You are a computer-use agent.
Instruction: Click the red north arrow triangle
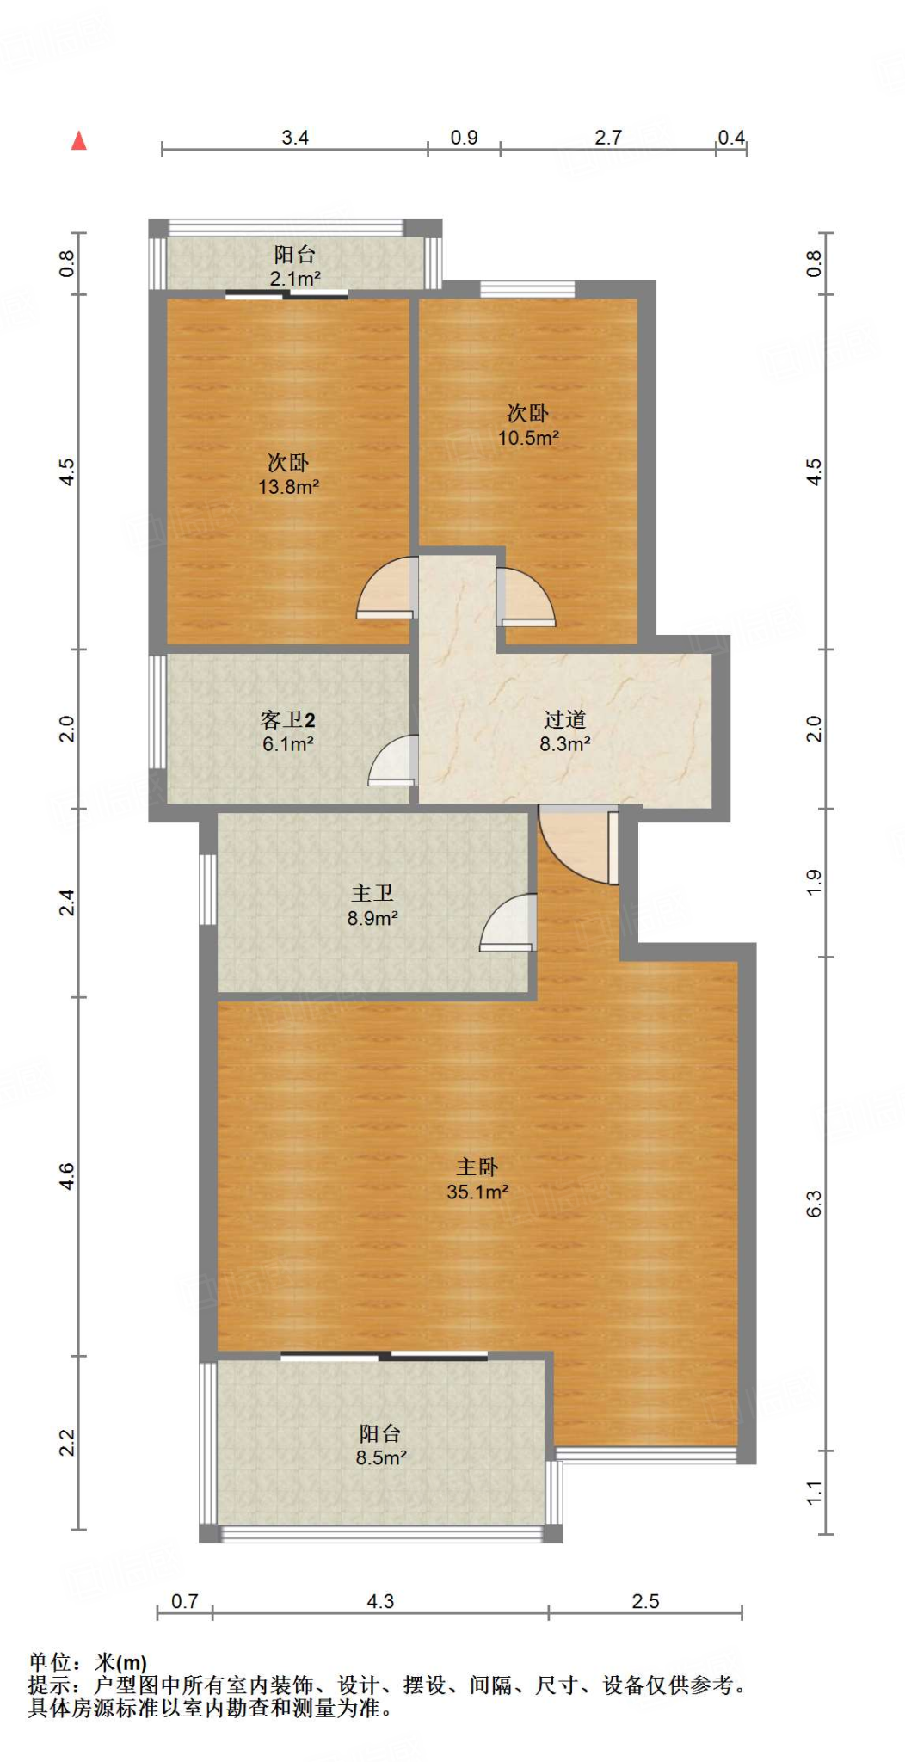coord(78,140)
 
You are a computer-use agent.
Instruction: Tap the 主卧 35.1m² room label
coord(477,1180)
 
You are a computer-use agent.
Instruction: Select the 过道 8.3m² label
coord(564,731)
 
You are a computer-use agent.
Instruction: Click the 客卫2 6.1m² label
coord(287,731)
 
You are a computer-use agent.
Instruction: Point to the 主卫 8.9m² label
coord(372,906)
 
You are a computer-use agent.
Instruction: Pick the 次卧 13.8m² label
coord(288,474)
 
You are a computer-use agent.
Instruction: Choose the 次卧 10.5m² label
coord(527,425)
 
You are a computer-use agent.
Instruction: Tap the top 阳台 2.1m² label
coord(295,266)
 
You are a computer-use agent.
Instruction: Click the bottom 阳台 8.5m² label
coord(380,1445)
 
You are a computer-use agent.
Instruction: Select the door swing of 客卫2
coord(394,762)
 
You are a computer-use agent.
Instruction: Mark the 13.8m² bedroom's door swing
coord(387,589)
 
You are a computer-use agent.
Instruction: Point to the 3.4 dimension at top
coord(295,138)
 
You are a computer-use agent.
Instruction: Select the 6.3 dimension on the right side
coord(814,1203)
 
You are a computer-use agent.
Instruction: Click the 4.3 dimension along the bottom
coord(380,1601)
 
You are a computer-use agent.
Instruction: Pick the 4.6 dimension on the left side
coord(67,1176)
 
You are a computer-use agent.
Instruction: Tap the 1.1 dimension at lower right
coord(814,1493)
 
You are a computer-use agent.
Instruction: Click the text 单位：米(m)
coord(88,1663)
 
